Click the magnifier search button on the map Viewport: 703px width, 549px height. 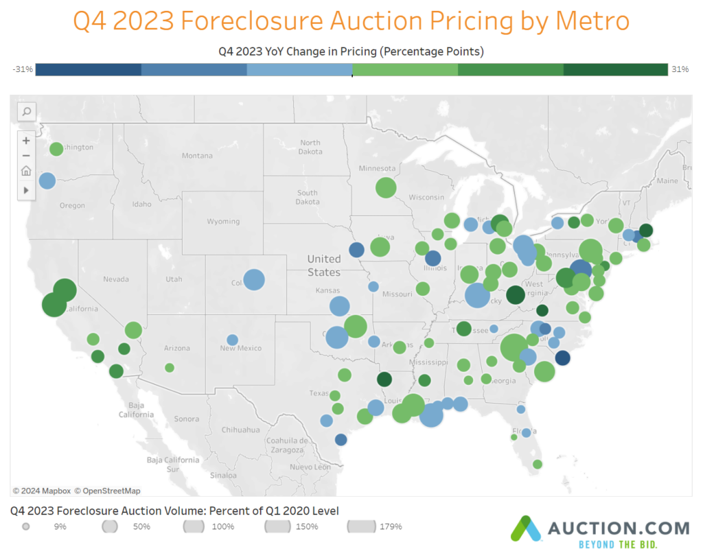(x=26, y=112)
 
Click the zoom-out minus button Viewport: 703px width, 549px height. (x=26, y=156)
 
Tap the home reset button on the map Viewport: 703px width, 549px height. (x=26, y=171)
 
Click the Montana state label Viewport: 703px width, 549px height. (x=197, y=156)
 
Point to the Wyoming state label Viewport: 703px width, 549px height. (x=223, y=222)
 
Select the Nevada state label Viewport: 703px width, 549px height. (x=116, y=279)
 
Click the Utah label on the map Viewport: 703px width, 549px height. (x=174, y=279)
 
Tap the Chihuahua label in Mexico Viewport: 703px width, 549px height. (x=240, y=430)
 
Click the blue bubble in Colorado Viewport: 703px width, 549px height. (x=254, y=279)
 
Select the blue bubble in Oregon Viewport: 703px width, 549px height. (x=47, y=180)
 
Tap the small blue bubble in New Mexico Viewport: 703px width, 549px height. (x=232, y=340)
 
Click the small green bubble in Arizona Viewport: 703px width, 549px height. (x=170, y=368)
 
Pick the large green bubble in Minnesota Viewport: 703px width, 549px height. (x=386, y=187)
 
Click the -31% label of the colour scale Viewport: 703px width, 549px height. (x=23, y=69)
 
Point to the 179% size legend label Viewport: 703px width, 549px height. (x=391, y=527)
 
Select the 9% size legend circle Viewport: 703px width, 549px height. (x=26, y=527)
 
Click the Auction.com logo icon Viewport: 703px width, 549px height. (x=525, y=529)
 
